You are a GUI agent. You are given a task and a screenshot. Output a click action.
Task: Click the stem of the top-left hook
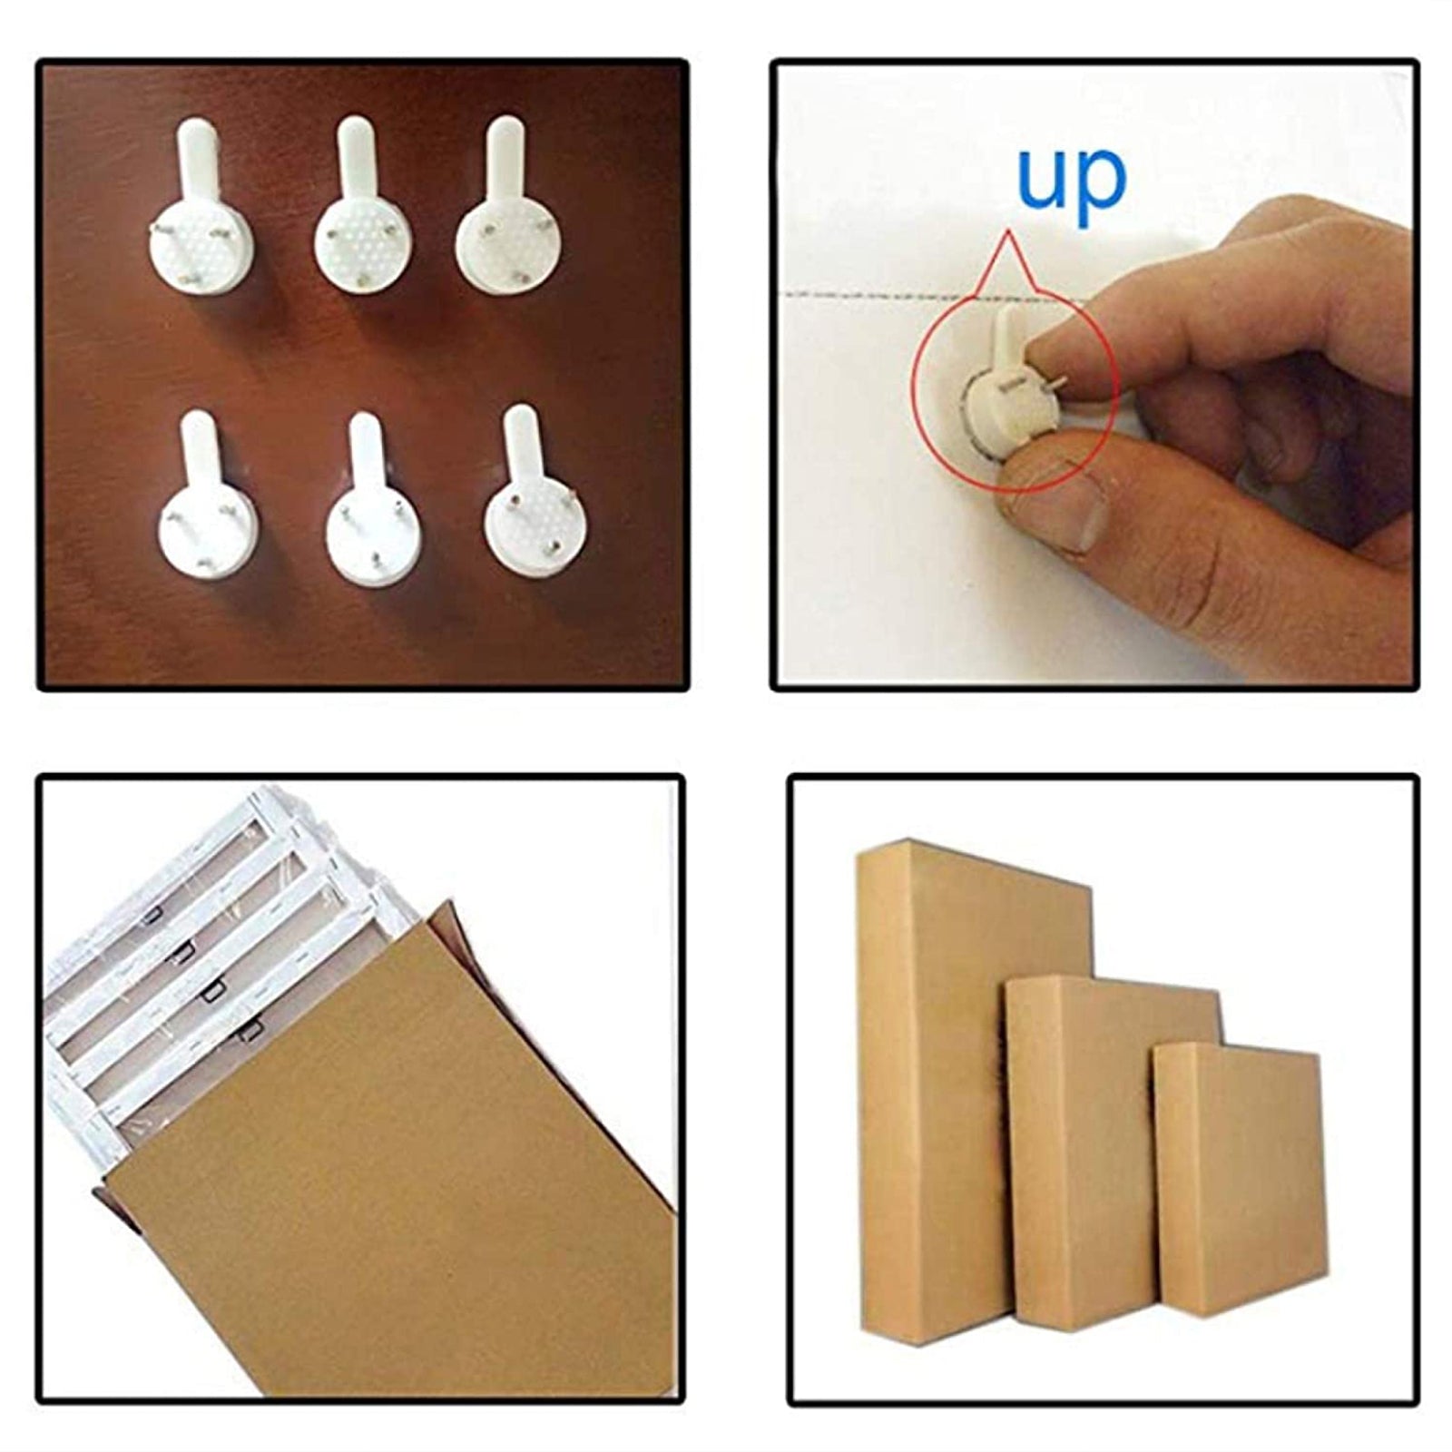click(x=195, y=159)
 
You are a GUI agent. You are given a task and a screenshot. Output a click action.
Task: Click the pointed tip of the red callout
click(x=1006, y=232)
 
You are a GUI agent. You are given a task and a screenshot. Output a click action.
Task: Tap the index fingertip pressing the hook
click(x=1057, y=349)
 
